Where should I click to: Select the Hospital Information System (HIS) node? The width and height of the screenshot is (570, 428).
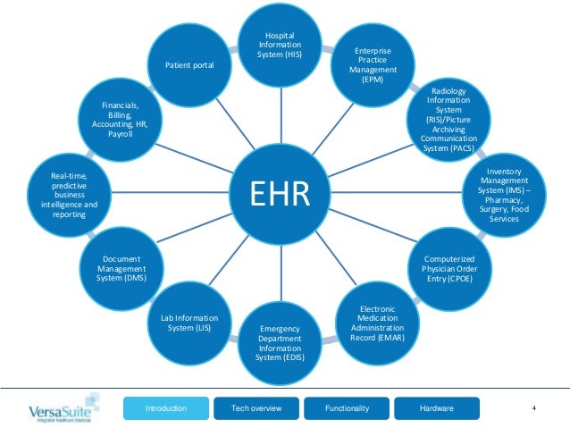[280, 46]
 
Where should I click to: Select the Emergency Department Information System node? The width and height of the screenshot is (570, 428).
[280, 344]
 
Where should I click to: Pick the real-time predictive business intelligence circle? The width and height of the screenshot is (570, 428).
[63, 194]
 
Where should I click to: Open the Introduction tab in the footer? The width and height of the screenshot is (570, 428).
[165, 408]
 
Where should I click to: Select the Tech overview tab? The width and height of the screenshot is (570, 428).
[256, 408]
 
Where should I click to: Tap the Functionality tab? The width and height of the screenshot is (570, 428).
[348, 408]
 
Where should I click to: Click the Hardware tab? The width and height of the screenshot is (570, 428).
[436, 408]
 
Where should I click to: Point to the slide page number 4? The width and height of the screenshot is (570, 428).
[533, 408]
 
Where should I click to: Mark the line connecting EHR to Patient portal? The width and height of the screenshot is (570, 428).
[228, 118]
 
